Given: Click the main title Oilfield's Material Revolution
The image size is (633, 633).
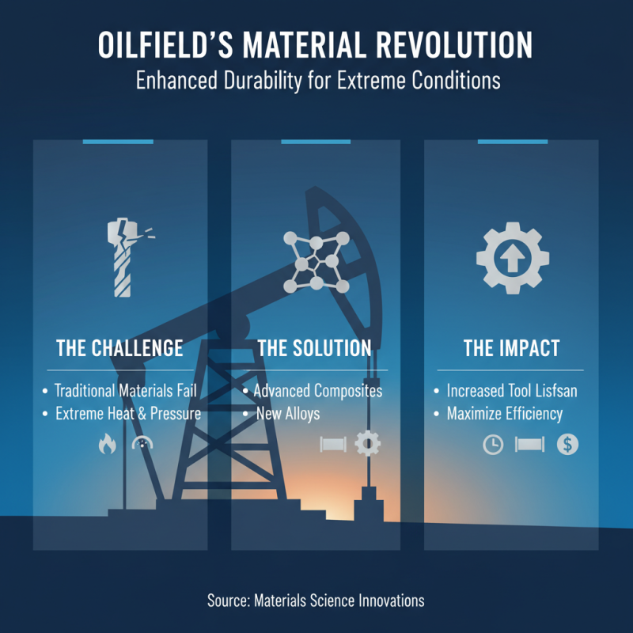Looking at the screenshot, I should click(316, 45).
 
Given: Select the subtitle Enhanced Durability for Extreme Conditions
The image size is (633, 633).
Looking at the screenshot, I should click(316, 81).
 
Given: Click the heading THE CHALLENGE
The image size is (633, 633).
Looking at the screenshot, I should click(119, 348).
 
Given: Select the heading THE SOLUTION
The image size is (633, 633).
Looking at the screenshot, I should click(314, 348).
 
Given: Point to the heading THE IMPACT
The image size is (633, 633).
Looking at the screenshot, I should click(510, 348).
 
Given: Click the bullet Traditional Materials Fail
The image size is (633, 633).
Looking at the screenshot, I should click(125, 391).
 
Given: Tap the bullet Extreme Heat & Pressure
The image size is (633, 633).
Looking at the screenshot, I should click(127, 414).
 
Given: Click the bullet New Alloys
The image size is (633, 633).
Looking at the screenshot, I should click(287, 414).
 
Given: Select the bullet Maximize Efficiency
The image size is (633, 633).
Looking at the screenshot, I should click(504, 414).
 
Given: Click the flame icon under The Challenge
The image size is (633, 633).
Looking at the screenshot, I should click(106, 445).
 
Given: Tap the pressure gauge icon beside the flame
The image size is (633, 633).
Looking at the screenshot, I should click(142, 445).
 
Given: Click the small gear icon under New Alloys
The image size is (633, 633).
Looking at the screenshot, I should click(368, 444).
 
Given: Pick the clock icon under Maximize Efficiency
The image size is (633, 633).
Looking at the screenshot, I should click(493, 445).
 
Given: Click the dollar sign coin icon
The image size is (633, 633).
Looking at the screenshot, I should click(567, 445).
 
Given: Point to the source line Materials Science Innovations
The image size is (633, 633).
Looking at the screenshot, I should click(316, 601).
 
